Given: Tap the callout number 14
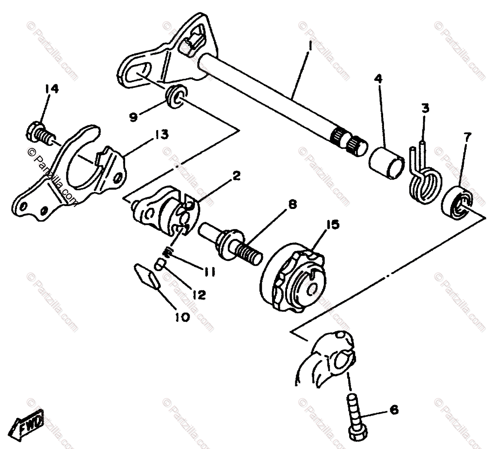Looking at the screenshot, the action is tap(53, 89).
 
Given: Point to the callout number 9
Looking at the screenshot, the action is tap(133, 118).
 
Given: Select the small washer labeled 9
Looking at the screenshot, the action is tap(176, 95).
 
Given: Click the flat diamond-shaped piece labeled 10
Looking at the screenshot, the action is tap(146, 276).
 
